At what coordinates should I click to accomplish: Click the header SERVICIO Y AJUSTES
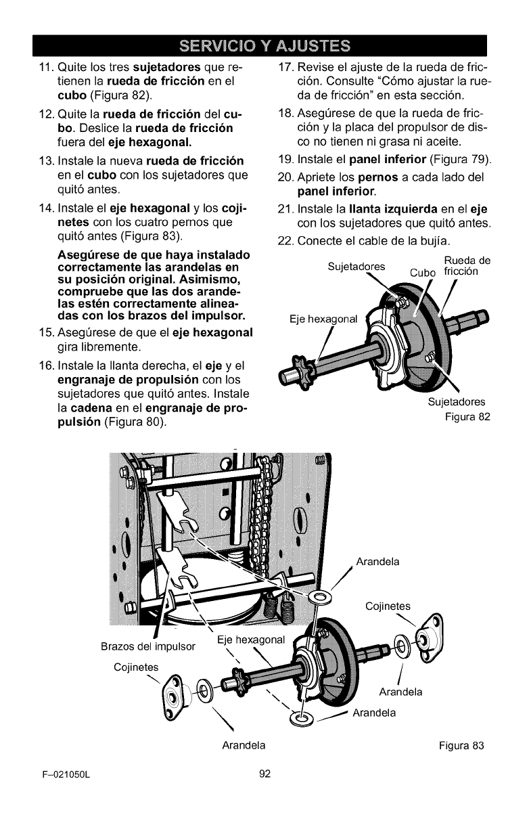pos(264,47)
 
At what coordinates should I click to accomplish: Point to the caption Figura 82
pos(467,416)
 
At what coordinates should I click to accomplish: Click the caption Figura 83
pos(462,746)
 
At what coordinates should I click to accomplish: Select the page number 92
pos(264,774)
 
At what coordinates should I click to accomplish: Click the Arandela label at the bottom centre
pos(243,746)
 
